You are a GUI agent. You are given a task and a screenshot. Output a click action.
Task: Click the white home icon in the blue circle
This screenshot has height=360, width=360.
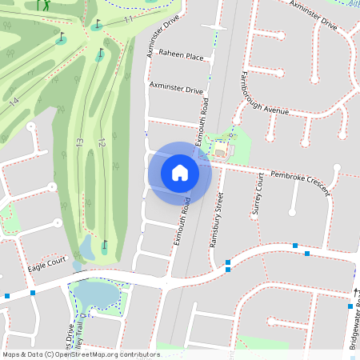(x=180, y=173)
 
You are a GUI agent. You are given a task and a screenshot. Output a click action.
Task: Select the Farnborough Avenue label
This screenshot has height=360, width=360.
(x=263, y=95)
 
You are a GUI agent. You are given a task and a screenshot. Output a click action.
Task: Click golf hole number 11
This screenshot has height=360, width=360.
(x=129, y=19)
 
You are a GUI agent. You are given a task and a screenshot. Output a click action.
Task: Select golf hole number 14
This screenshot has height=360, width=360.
(x=14, y=102)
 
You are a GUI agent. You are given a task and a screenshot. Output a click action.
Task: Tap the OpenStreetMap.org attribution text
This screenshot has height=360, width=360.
(x=104, y=354)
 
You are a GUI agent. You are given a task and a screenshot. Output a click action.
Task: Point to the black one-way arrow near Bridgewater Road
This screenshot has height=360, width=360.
(x=356, y=291)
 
